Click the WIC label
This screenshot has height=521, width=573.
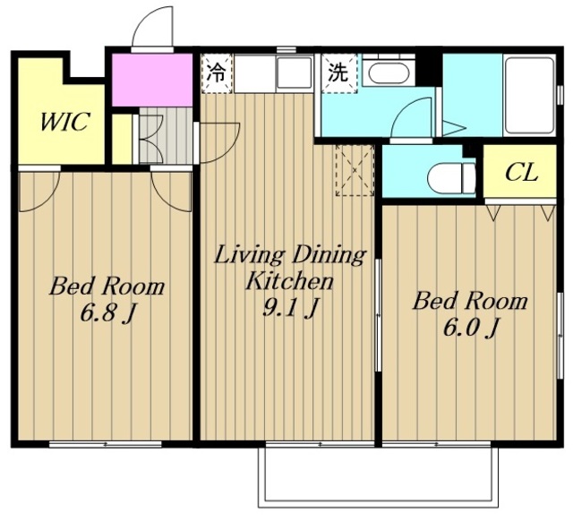(x=64, y=122)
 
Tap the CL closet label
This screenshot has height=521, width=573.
(x=521, y=173)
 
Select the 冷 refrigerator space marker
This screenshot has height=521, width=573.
(x=217, y=73)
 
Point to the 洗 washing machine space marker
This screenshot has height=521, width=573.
(x=338, y=73)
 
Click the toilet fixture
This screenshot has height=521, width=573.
(x=451, y=179)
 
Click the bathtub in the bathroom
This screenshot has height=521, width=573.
(x=529, y=94)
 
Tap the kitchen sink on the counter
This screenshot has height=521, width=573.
(x=295, y=73)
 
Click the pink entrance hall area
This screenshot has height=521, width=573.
(x=152, y=80)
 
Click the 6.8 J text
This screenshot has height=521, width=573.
(x=107, y=313)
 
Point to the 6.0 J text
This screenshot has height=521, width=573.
(x=470, y=329)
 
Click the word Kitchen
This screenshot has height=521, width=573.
(x=289, y=281)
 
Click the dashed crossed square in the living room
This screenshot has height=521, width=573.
(x=355, y=171)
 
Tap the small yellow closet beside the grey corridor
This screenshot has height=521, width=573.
(x=122, y=139)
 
